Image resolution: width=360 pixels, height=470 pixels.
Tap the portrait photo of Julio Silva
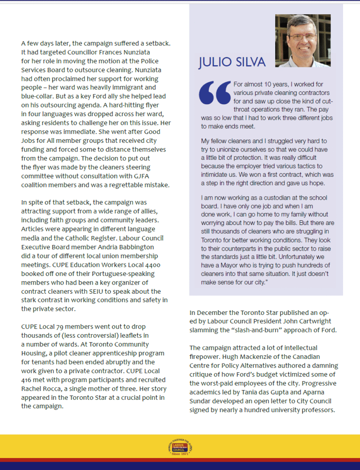pos(303,41)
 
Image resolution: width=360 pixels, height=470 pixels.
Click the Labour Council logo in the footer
pos(179,448)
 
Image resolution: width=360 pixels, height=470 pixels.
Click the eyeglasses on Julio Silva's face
pos(301,35)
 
